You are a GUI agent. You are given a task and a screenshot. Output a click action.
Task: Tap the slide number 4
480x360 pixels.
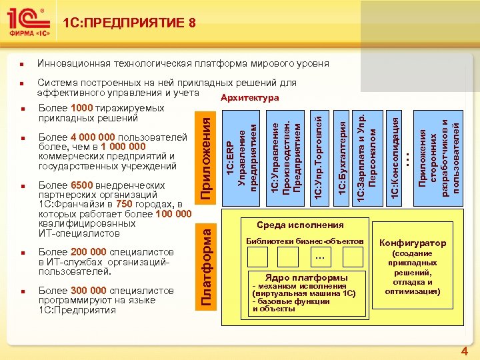point(465,351)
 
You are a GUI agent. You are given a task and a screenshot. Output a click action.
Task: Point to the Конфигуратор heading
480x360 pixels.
point(413,243)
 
